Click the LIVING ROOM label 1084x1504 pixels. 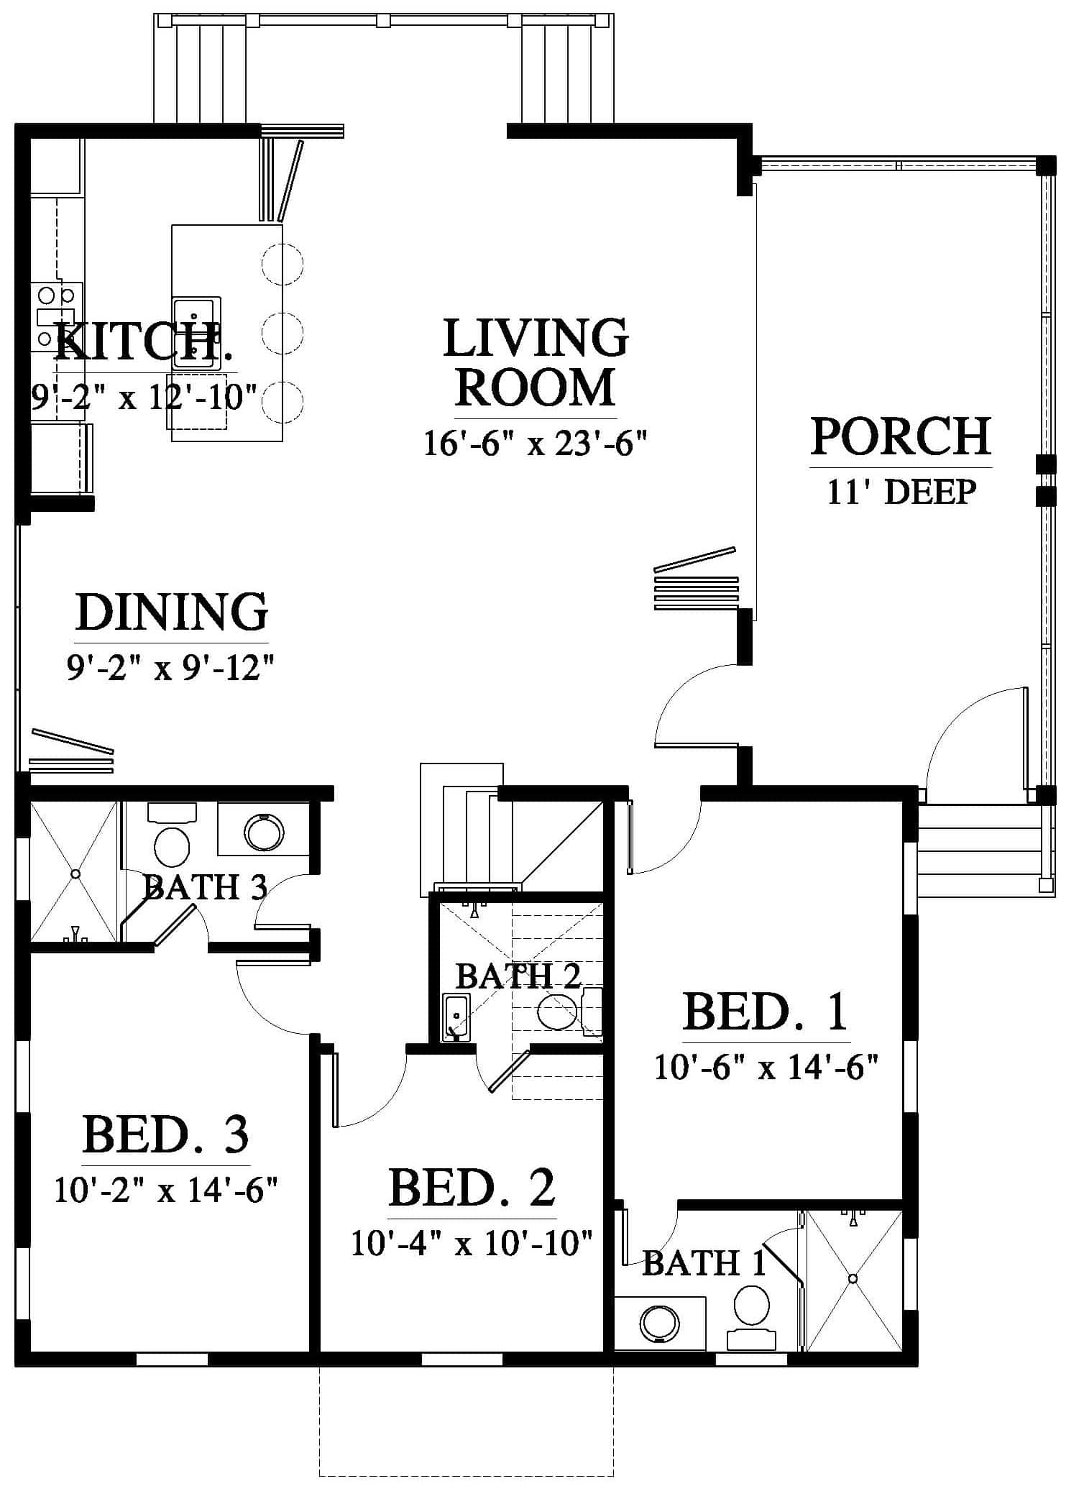[536, 363]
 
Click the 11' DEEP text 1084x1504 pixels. [901, 492]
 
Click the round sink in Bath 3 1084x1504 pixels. [264, 832]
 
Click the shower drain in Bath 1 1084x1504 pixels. [853, 1279]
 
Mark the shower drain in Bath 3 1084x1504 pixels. [74, 873]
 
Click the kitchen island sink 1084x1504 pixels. [196, 332]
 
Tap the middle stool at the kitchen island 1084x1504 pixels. [283, 332]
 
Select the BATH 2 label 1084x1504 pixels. [518, 976]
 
